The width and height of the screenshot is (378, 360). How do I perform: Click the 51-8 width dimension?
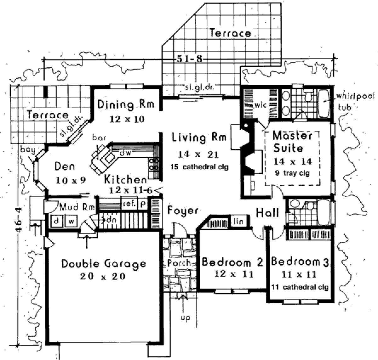tap(189, 59)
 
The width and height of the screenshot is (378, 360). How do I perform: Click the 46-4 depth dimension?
tap(20, 220)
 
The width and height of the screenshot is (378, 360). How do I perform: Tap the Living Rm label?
tap(199, 138)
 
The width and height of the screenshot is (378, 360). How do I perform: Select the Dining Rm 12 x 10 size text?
tap(127, 119)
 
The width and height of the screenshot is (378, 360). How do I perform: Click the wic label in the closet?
tap(261, 105)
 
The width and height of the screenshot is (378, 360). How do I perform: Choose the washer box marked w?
tap(71, 221)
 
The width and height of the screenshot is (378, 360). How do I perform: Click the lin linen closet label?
tap(238, 221)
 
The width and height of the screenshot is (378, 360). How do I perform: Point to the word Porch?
tap(179, 263)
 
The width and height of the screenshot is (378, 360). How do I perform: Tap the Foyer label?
tap(183, 211)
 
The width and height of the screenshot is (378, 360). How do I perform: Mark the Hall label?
tap(267, 213)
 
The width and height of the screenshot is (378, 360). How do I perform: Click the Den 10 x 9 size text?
tap(71, 180)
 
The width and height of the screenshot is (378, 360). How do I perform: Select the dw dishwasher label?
tap(126, 153)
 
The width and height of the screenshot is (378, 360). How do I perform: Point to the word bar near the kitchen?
tap(99, 138)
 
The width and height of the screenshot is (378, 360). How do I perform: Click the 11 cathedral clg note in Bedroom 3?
tap(300, 287)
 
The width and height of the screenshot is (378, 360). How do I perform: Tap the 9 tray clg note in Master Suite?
tap(292, 173)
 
